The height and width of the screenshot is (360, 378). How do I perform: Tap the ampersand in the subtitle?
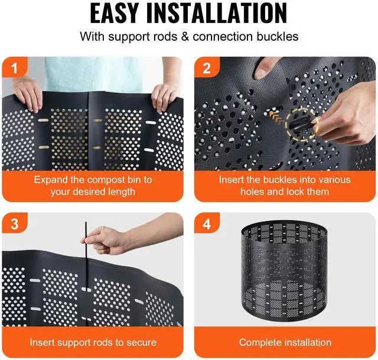185,37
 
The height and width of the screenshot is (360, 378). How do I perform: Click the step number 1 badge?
15,68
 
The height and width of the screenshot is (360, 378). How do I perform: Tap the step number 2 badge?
207,68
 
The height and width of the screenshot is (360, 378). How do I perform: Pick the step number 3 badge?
15,223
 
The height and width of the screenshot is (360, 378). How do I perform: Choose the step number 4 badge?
207,223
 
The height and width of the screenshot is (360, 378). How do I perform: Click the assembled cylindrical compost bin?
284,271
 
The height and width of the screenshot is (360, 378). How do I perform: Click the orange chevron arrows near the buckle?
277,116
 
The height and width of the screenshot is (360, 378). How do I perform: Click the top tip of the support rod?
86,222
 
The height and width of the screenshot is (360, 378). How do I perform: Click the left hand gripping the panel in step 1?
28,96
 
